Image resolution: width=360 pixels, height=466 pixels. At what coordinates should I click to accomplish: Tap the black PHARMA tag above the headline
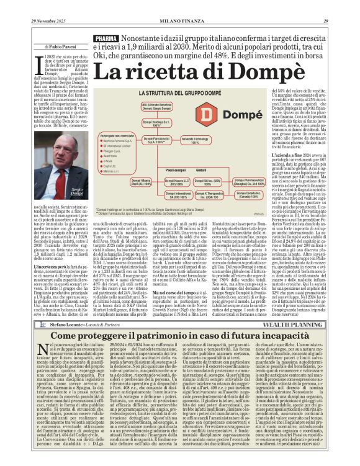point(107,39)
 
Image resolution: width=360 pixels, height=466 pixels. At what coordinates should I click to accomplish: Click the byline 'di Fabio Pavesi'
point(46,46)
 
